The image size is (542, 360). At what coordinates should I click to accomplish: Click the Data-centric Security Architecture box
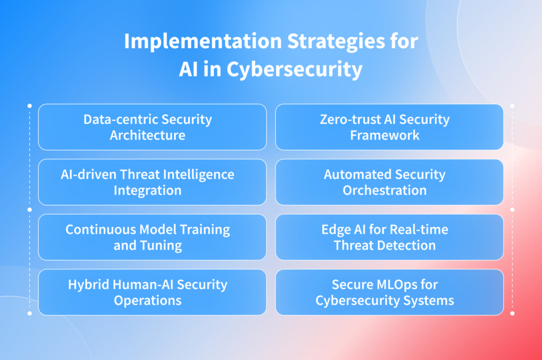pyautogui.click(x=152, y=127)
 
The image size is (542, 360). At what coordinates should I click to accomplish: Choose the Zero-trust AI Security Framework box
pyautogui.click(x=389, y=127)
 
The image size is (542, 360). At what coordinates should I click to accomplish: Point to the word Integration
pyautogui.click(x=148, y=190)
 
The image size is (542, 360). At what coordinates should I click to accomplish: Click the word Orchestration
pyautogui.click(x=385, y=190)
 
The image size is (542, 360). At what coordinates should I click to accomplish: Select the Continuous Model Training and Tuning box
pyautogui.click(x=152, y=237)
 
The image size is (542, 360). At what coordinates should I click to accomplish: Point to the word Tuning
pyautogui.click(x=163, y=245)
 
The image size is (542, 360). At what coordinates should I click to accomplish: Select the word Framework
pyautogui.click(x=385, y=135)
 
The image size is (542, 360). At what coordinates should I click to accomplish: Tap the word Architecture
pyautogui.click(x=148, y=135)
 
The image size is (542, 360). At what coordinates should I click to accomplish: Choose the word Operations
pyautogui.click(x=148, y=300)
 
